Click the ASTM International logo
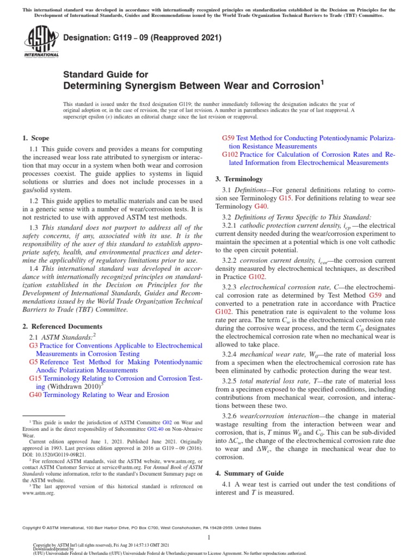tap(41, 43)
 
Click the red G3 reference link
tap(33, 345)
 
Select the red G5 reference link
tap(33, 361)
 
